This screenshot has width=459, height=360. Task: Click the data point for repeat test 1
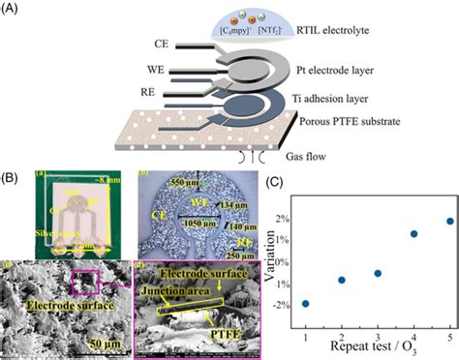tap(306, 303)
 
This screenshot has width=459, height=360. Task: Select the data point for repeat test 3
tap(378, 273)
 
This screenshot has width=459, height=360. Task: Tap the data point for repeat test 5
tap(449, 222)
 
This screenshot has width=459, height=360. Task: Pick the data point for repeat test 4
tap(413, 234)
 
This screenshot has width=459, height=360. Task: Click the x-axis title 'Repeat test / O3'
tap(378, 345)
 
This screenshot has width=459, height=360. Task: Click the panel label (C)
tap(276, 181)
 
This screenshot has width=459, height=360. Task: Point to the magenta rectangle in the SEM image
tap(85, 282)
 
